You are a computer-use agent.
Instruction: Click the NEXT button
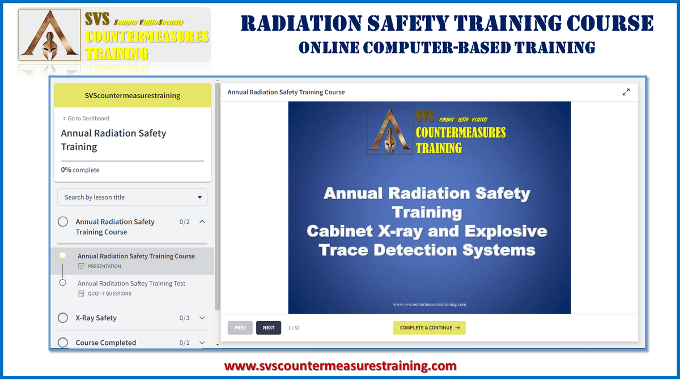[269, 328]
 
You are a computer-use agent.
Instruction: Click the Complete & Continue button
[429, 328]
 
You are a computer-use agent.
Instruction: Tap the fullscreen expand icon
[626, 92]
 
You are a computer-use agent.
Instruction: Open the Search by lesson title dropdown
[133, 197]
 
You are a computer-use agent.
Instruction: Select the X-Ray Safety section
[96, 318]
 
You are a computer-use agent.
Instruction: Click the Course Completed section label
[106, 343]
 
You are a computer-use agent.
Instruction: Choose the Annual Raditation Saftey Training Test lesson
[131, 284]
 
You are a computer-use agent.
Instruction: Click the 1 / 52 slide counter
[294, 328]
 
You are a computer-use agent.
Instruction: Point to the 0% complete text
[80, 170]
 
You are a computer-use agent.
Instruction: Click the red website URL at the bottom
[340, 366]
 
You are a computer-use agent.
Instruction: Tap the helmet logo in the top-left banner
[50, 36]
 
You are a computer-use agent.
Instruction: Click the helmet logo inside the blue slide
[390, 132]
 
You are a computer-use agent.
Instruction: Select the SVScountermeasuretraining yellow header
[133, 96]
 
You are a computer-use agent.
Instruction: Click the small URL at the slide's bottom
[429, 305]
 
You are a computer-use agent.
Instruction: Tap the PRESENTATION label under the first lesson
[104, 267]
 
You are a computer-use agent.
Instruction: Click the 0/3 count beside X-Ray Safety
[184, 318]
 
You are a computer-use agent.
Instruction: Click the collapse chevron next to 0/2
[202, 222]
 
